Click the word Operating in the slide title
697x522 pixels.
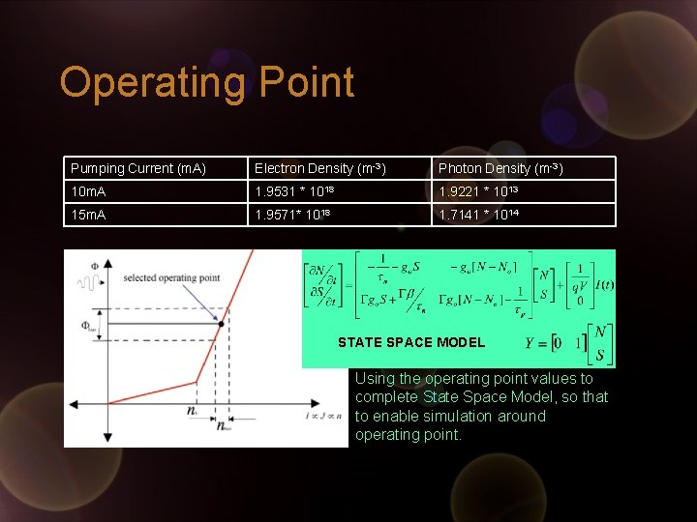coord(153,83)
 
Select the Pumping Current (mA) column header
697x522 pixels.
coord(138,168)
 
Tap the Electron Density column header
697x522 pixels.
coord(320,168)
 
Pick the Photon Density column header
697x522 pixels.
coord(500,168)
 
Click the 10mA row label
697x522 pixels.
coord(87,192)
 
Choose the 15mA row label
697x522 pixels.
coord(87,215)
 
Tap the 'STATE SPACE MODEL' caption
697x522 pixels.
coord(411,342)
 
